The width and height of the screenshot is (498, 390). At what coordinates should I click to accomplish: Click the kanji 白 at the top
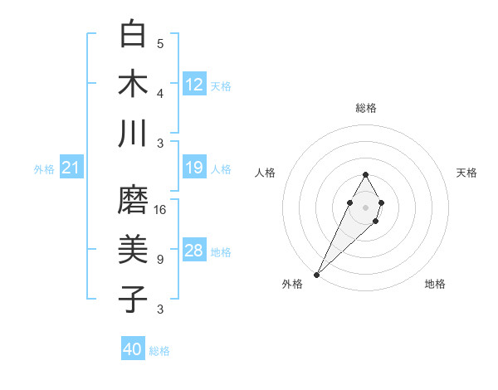tap(133, 36)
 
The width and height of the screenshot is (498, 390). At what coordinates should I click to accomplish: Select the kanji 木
tap(133, 84)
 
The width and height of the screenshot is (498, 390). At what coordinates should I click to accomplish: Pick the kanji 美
tap(133, 250)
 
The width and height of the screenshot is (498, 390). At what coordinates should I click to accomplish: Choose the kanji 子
tap(133, 299)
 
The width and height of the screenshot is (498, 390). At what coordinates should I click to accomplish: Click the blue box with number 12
tap(194, 84)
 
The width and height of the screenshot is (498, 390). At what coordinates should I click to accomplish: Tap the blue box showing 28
tap(194, 251)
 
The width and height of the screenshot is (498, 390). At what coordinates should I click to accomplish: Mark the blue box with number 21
tap(71, 168)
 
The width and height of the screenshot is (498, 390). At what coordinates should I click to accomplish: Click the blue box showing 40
tap(133, 349)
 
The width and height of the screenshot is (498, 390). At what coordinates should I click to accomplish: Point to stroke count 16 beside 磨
tap(161, 209)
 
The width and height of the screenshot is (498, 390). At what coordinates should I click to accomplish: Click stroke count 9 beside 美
tap(160, 259)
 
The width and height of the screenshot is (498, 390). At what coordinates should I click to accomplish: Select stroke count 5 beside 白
tap(160, 43)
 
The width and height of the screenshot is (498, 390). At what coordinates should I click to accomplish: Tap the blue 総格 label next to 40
tap(159, 351)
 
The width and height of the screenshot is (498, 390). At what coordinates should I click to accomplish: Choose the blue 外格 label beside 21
tap(44, 169)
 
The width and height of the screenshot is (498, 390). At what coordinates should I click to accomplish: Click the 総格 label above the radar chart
tap(365, 108)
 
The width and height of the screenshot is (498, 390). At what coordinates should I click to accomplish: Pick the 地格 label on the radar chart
tap(435, 284)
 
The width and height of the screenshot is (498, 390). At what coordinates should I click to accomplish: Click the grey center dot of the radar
tap(365, 206)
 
